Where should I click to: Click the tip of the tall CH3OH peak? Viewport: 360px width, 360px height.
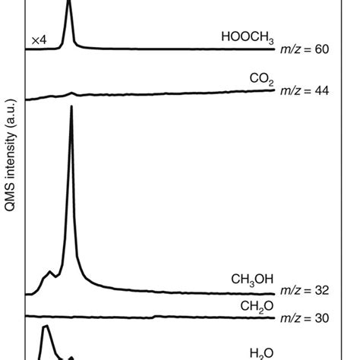pos(71,107)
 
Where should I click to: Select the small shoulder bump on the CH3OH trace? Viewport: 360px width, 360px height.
pos(50,272)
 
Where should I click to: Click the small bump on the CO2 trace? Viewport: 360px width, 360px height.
pos(72,93)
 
